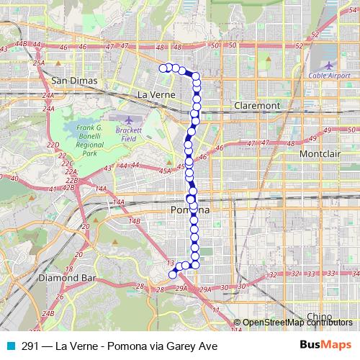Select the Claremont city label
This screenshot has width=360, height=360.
click(x=256, y=105)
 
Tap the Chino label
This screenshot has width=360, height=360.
click(x=318, y=316)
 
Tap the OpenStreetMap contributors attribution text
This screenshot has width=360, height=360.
click(x=297, y=322)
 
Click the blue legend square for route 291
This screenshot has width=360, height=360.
click(x=10, y=345)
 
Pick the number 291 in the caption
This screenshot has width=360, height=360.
click(x=30, y=345)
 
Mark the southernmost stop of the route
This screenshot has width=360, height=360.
click(x=172, y=274)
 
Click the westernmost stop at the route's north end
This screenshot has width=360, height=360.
click(x=162, y=68)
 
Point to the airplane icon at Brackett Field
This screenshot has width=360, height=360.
click(x=128, y=117)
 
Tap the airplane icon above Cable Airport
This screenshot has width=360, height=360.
click(x=330, y=54)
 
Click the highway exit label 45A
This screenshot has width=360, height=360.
click(x=166, y=171)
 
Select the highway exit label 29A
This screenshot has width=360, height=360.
click(x=181, y=289)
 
